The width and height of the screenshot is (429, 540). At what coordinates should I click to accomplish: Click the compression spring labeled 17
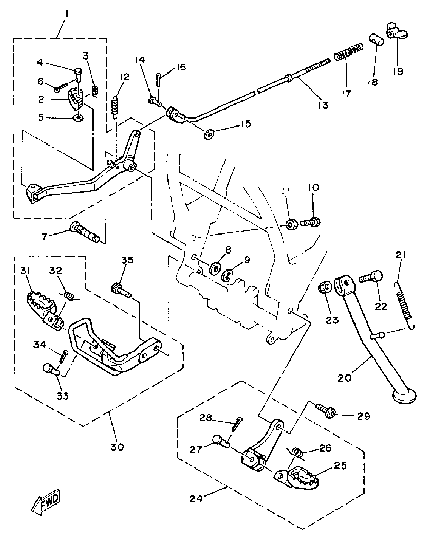coord(349,52)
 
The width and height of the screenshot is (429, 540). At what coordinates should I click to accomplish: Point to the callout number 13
coord(323,105)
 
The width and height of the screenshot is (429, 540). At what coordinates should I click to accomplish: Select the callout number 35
coord(127,260)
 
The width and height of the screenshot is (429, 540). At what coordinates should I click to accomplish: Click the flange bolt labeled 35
coord(119,290)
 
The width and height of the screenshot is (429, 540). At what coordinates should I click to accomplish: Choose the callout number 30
coord(117,446)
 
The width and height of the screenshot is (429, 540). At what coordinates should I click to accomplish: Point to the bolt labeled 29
coord(326,409)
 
